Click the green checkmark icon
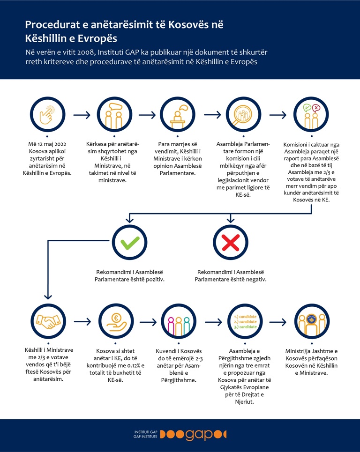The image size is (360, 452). tap(129, 243)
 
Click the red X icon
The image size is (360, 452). tap(231, 243)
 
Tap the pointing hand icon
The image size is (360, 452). tap(48, 114)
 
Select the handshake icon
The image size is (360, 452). tap(48, 321)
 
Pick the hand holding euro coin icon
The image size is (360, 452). tap(116, 321)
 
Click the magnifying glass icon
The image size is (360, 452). tap(243, 114)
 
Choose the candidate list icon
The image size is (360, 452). tap(245, 321)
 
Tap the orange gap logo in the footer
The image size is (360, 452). tap(193, 434)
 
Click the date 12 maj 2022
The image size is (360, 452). tap(51, 144)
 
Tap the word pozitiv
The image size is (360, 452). tap(154, 279)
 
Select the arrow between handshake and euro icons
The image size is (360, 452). tap(82, 321)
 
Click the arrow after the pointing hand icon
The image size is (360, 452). tap(82, 115)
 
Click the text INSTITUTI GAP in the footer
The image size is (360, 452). tap(146, 432)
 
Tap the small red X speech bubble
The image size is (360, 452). tap(316, 108)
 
